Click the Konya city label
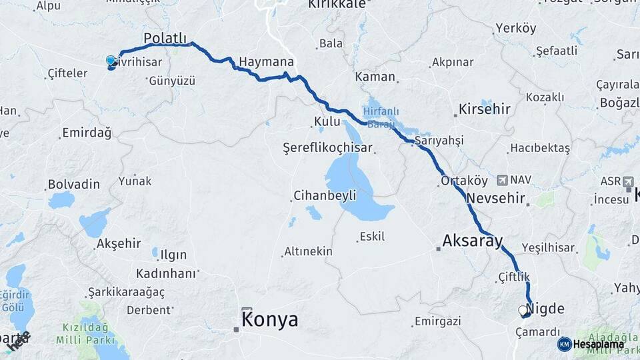269,320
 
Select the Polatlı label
166,37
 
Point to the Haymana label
266,61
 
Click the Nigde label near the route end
545,309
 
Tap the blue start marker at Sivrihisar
111,61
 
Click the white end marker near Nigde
523,310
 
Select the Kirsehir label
485,109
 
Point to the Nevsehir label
497,199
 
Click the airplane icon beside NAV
503,180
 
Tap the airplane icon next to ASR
628,181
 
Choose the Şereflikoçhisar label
327,147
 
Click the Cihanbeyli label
325,196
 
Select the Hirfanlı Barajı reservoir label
381,117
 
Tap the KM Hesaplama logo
591,344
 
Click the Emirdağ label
86,133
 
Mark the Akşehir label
119,243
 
